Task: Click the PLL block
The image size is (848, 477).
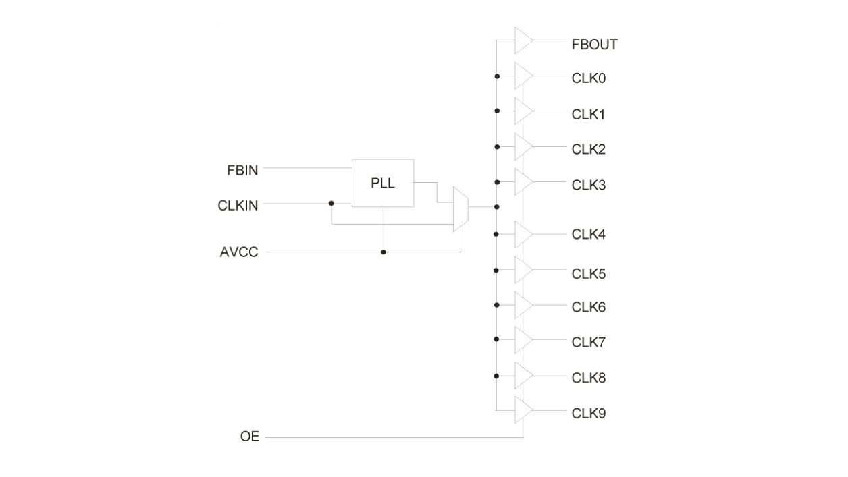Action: pos(383,183)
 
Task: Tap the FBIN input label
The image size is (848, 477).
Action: pos(242,170)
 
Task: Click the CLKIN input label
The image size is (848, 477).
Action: pos(238,205)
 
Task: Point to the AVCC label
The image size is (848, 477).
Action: pos(239,252)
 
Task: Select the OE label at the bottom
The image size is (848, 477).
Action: pos(250,437)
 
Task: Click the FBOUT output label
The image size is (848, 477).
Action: pos(594,45)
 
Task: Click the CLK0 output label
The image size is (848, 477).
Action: pos(588,78)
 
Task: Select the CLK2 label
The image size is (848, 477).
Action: pos(588,149)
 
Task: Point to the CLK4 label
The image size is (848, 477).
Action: pos(588,235)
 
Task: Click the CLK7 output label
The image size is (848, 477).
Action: pos(588,342)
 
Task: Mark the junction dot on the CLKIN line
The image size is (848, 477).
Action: pos(331,202)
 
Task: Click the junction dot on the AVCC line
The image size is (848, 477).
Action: pos(383,252)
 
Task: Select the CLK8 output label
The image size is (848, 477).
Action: pos(588,377)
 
